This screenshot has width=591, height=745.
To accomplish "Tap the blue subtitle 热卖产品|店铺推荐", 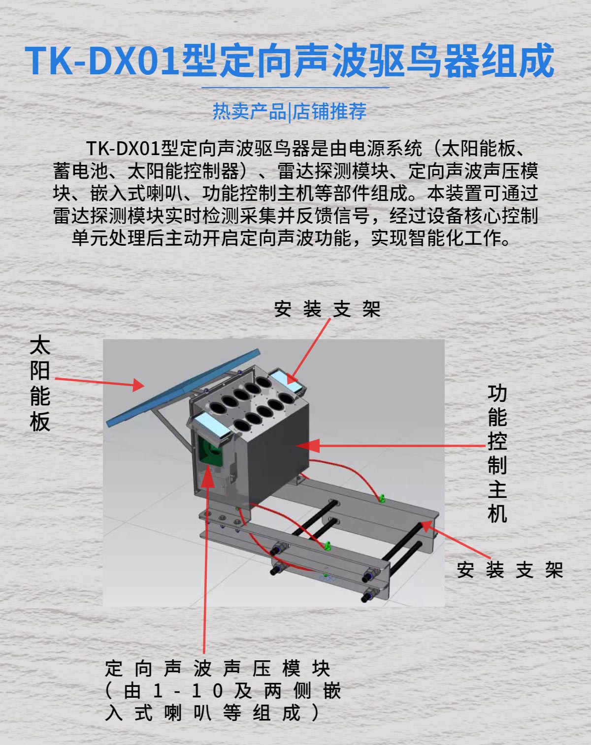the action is pyautogui.click(x=290, y=111).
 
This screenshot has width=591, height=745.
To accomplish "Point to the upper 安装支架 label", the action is pyautogui.click(x=327, y=309).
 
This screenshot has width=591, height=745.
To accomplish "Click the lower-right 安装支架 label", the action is pyautogui.click(x=510, y=570).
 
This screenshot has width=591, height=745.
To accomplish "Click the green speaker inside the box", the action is pyautogui.click(x=209, y=451).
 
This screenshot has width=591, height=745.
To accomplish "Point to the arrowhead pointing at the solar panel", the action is pyautogui.click(x=138, y=385).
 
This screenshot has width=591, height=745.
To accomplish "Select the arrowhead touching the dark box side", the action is pyautogui.click(x=308, y=445).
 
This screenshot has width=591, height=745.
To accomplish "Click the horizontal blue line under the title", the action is pyautogui.click(x=295, y=88).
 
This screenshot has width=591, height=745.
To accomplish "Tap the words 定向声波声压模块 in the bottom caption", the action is pyautogui.click(x=217, y=669).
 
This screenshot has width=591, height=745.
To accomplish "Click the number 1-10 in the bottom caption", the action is pyautogui.click(x=187, y=691).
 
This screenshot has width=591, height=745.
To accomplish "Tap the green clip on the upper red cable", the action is pyautogui.click(x=382, y=498).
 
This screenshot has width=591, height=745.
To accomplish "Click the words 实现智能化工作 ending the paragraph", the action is pyautogui.click(x=440, y=238).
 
